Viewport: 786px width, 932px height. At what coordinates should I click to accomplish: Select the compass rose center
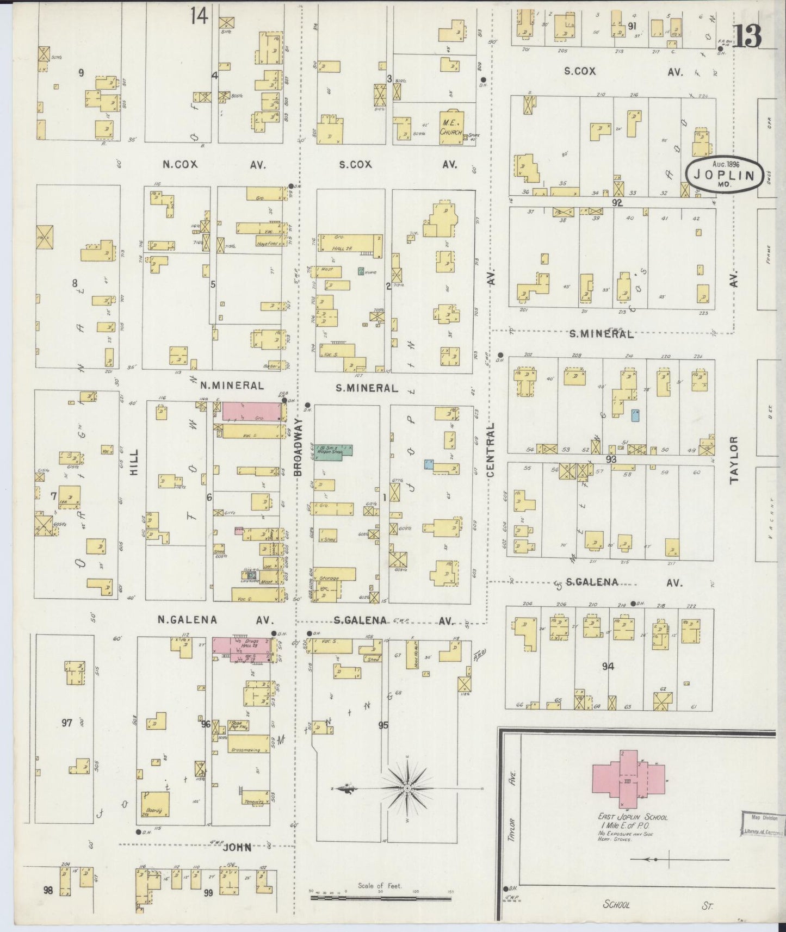coord(407,788)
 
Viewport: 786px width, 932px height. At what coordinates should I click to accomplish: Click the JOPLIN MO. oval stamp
coord(723,176)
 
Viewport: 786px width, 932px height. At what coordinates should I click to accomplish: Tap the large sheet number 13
coord(746,36)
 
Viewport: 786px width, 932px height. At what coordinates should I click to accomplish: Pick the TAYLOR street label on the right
coord(734,460)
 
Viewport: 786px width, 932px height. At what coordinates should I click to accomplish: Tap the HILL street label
coord(134,463)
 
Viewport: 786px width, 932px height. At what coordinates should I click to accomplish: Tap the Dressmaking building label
coord(247,748)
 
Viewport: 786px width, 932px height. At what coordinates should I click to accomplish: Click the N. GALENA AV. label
coord(215,619)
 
